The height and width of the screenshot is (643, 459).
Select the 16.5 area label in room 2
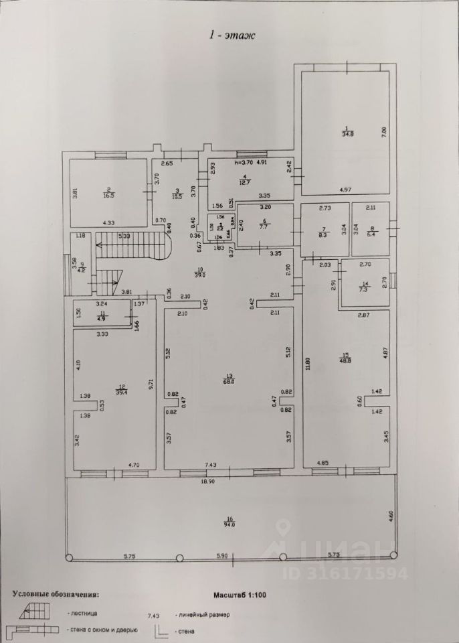coord(108,196)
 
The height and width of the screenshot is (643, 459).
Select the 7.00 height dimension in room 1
coord(384,132)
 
